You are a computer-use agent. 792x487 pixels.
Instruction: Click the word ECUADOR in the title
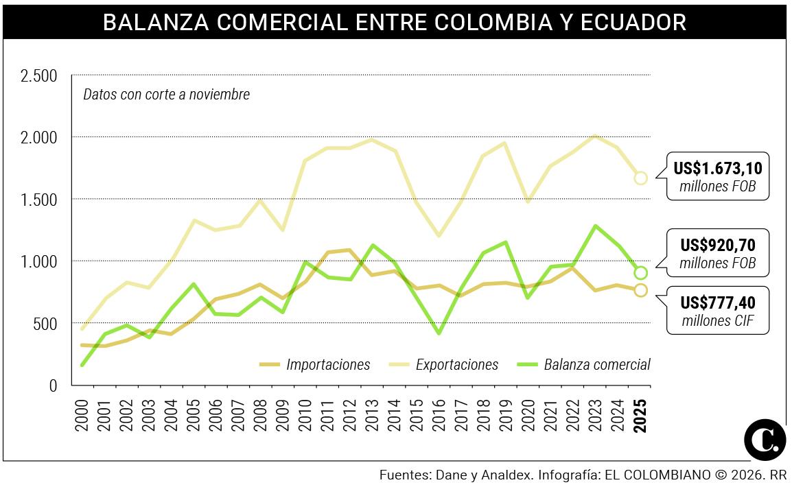point(633,22)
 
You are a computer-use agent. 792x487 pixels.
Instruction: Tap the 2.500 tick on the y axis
point(38,75)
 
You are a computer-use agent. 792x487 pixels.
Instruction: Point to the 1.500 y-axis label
point(38,200)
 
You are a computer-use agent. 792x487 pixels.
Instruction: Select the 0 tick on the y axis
point(53,385)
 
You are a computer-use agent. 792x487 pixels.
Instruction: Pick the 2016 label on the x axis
point(439,414)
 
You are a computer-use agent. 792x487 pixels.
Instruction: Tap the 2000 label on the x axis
point(82,414)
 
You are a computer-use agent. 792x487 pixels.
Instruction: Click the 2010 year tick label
point(305,414)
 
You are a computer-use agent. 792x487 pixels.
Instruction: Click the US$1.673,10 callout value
point(718,168)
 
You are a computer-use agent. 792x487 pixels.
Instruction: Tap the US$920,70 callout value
point(718,245)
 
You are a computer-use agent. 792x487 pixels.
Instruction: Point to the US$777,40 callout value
point(718,302)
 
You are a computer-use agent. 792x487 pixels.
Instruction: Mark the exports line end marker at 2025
point(641,178)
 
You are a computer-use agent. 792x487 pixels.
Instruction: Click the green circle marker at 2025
point(641,273)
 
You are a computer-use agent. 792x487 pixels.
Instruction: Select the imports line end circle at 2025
point(641,290)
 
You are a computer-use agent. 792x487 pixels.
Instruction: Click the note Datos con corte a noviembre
point(166,95)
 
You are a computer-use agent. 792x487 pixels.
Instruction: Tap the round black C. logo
point(765,440)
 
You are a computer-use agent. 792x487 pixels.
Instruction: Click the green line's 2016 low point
point(439,333)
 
